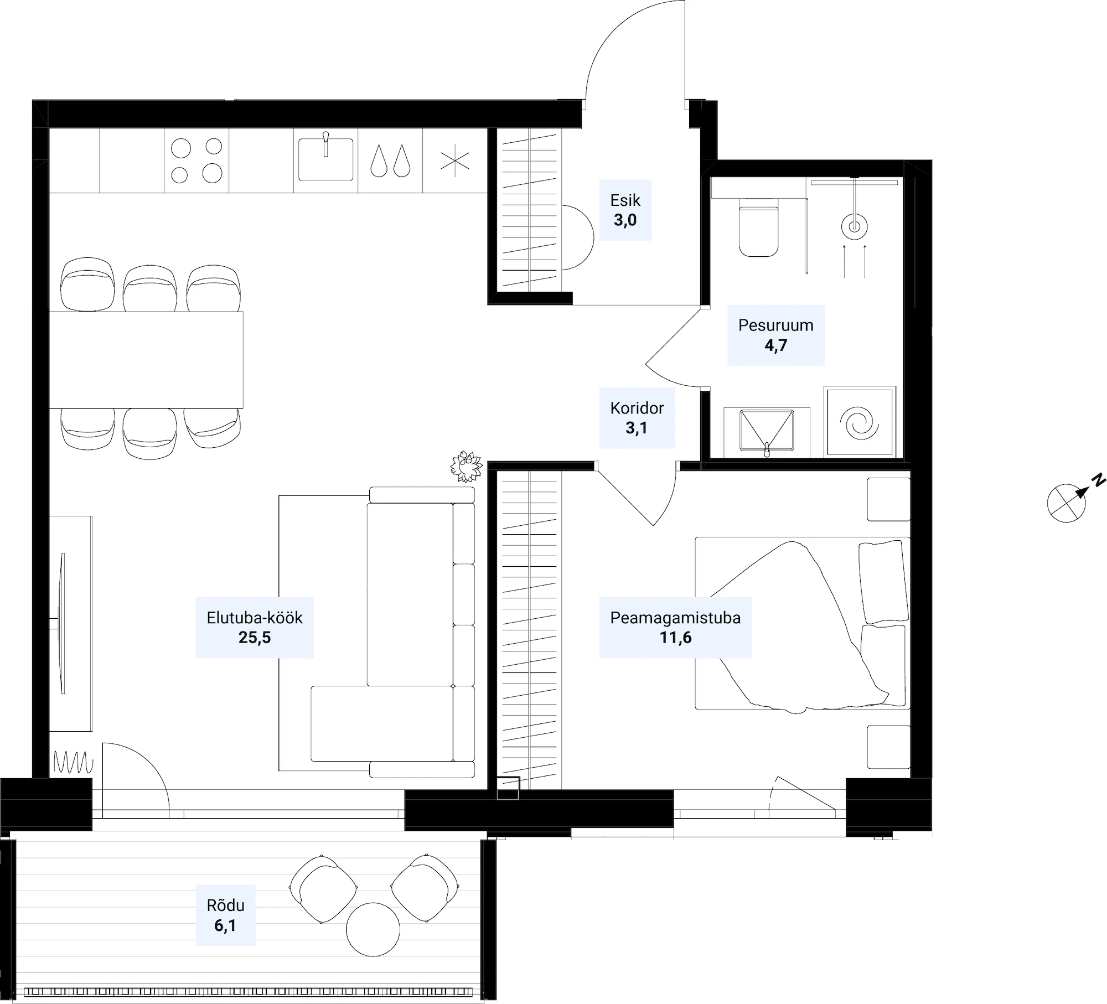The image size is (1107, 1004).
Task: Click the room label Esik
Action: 625,200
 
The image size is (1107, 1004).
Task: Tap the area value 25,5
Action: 255,638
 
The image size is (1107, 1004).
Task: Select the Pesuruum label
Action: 775,325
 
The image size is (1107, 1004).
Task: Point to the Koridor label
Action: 637,408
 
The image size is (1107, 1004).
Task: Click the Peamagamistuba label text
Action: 675,618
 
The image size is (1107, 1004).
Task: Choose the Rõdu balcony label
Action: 225,905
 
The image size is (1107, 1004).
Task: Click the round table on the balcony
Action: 373,929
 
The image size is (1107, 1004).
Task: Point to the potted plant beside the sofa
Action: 467,466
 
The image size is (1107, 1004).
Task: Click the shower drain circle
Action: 854,226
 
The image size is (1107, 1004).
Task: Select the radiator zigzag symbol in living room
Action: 74,762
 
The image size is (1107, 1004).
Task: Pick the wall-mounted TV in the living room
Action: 62,623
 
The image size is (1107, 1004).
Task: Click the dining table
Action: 146,360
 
